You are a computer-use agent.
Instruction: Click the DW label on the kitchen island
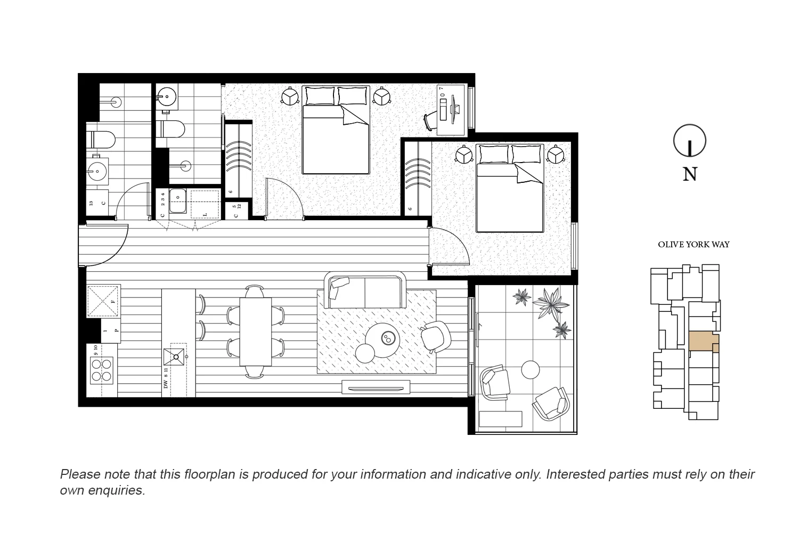point(166,384)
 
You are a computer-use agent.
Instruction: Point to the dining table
point(256,331)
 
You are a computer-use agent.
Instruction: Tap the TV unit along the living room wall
point(376,387)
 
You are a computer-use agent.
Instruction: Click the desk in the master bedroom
point(452,110)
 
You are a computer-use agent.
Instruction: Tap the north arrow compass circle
point(690,141)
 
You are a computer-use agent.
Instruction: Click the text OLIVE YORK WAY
point(694,245)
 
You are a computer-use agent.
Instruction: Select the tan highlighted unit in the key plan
point(702,342)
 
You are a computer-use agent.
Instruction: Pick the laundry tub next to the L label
point(178,203)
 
